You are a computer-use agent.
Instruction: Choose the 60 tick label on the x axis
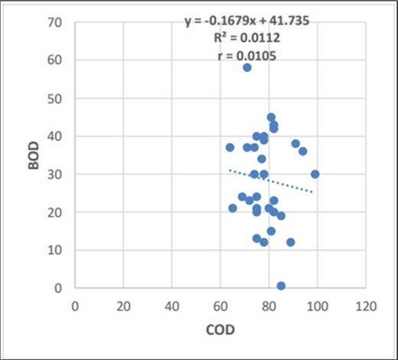tap(220, 306)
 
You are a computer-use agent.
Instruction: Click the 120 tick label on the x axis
tap(365, 306)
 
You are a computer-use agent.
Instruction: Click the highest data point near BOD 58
tap(247, 67)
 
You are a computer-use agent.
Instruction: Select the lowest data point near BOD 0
tap(281, 286)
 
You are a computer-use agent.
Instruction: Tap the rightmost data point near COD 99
tap(315, 174)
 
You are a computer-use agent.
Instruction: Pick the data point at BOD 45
tap(271, 117)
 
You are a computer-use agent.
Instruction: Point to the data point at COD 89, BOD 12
tap(290, 242)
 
